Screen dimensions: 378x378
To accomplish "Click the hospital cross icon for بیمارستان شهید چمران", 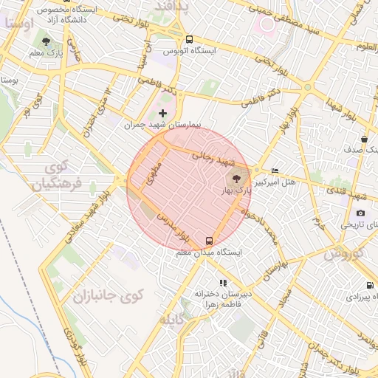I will (x=163, y=113).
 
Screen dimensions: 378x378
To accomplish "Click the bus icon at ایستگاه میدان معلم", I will (x=210, y=241).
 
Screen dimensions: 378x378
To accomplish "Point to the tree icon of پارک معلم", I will (x=47, y=42).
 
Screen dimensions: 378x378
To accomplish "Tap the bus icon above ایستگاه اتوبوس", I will (x=190, y=39).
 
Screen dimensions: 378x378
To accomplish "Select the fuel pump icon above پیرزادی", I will (x=368, y=286).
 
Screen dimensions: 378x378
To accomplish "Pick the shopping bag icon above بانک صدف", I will (x=364, y=139).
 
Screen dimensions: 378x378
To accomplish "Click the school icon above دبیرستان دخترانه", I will (x=222, y=283).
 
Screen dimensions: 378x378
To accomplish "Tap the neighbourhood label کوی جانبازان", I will (x=108, y=297).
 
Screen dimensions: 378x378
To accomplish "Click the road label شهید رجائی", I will (x=213, y=157).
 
